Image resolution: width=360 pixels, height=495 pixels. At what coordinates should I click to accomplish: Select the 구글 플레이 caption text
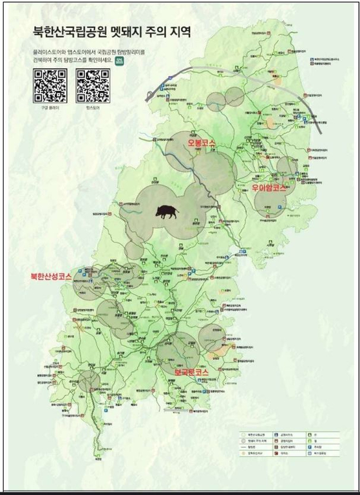point(50,108)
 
